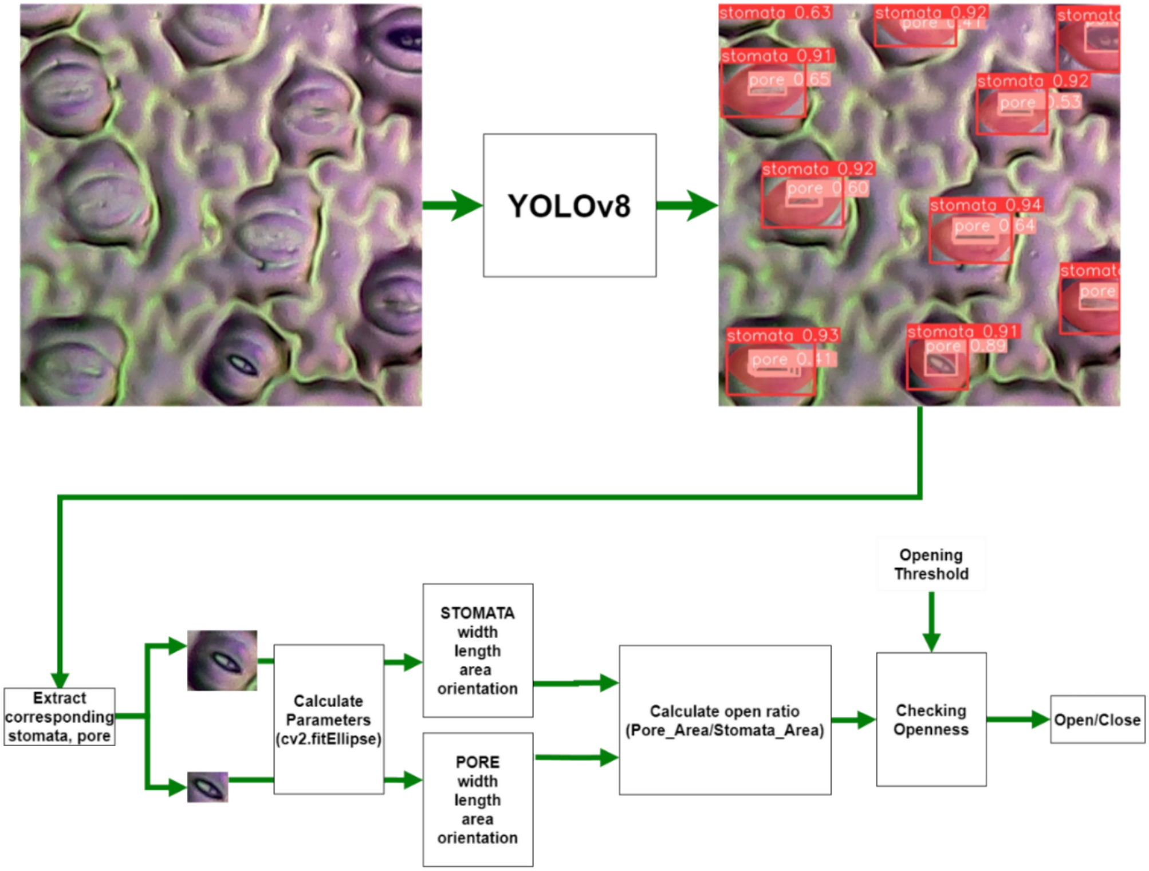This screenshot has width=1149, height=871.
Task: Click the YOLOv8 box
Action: pos(569,205)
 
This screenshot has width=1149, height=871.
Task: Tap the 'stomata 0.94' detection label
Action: pos(985,205)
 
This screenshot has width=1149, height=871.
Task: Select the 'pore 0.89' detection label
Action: pos(965,346)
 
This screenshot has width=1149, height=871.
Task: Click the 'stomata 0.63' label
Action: pos(774,12)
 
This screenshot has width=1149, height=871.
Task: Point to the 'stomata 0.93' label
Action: pos(782,335)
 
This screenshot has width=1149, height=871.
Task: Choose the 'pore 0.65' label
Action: pos(789,79)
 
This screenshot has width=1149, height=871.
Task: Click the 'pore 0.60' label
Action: pos(827,188)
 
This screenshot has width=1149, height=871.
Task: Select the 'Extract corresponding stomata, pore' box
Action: pos(60,716)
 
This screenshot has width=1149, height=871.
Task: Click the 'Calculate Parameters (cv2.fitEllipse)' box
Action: pos(328,719)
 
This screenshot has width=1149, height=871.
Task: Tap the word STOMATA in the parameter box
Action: pos(477,613)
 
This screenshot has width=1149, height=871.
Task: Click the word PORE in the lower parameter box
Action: pos(477,762)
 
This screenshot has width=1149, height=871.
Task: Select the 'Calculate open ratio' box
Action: pos(725,720)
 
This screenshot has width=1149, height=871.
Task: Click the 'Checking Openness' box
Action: pos(931,719)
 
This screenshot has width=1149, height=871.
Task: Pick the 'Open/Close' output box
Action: pos(1097,720)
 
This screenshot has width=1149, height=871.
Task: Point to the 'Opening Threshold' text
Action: pos(931,564)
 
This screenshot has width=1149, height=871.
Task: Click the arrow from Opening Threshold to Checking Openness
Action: pos(931,622)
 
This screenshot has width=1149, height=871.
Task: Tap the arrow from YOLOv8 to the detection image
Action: pos(686,205)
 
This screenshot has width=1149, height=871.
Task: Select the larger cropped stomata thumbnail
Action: pos(222,660)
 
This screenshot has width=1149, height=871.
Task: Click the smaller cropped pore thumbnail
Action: pos(207,787)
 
